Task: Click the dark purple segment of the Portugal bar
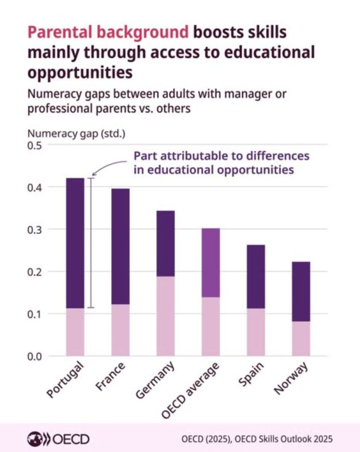pyautogui.click(x=75, y=243)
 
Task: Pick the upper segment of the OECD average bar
pyautogui.click(x=210, y=263)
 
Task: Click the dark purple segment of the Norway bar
pyautogui.click(x=301, y=291)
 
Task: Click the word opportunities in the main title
pyautogui.click(x=80, y=72)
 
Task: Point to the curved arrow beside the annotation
pyautogui.click(x=108, y=166)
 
